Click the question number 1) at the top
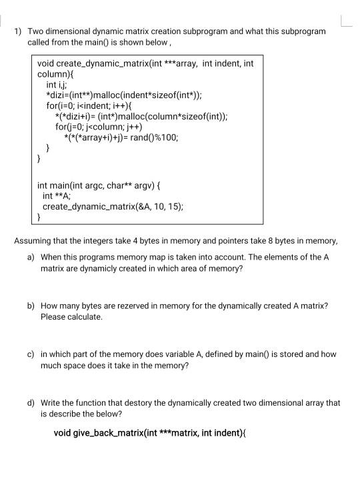click(18, 31)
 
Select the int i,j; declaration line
click(57, 85)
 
